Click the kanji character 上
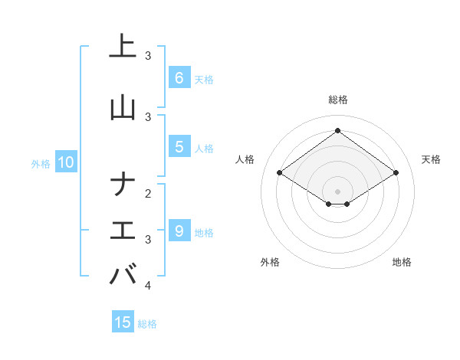pyautogui.click(x=123, y=46)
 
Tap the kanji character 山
pyautogui.click(x=123, y=107)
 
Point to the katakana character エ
pyautogui.click(x=123, y=231)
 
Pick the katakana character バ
pyautogui.click(x=123, y=275)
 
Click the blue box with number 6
pyautogui.click(x=179, y=77)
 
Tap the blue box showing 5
pyautogui.click(x=179, y=148)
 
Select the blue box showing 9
pyautogui.click(x=179, y=231)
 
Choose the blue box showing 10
pyautogui.click(x=66, y=162)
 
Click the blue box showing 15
pyautogui.click(x=123, y=322)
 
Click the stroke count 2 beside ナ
pyautogui.click(x=148, y=193)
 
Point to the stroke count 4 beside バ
pyautogui.click(x=148, y=286)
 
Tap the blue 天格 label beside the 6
pyautogui.click(x=204, y=79)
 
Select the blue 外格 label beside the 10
pyautogui.click(x=41, y=163)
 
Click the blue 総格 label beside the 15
pyautogui.click(x=148, y=324)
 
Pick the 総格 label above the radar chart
pyautogui.click(x=338, y=100)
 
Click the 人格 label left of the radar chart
pyautogui.click(x=245, y=159)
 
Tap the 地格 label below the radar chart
pyautogui.click(x=402, y=262)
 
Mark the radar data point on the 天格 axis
pyautogui.click(x=396, y=173)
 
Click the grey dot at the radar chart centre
pyautogui.click(x=338, y=191)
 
